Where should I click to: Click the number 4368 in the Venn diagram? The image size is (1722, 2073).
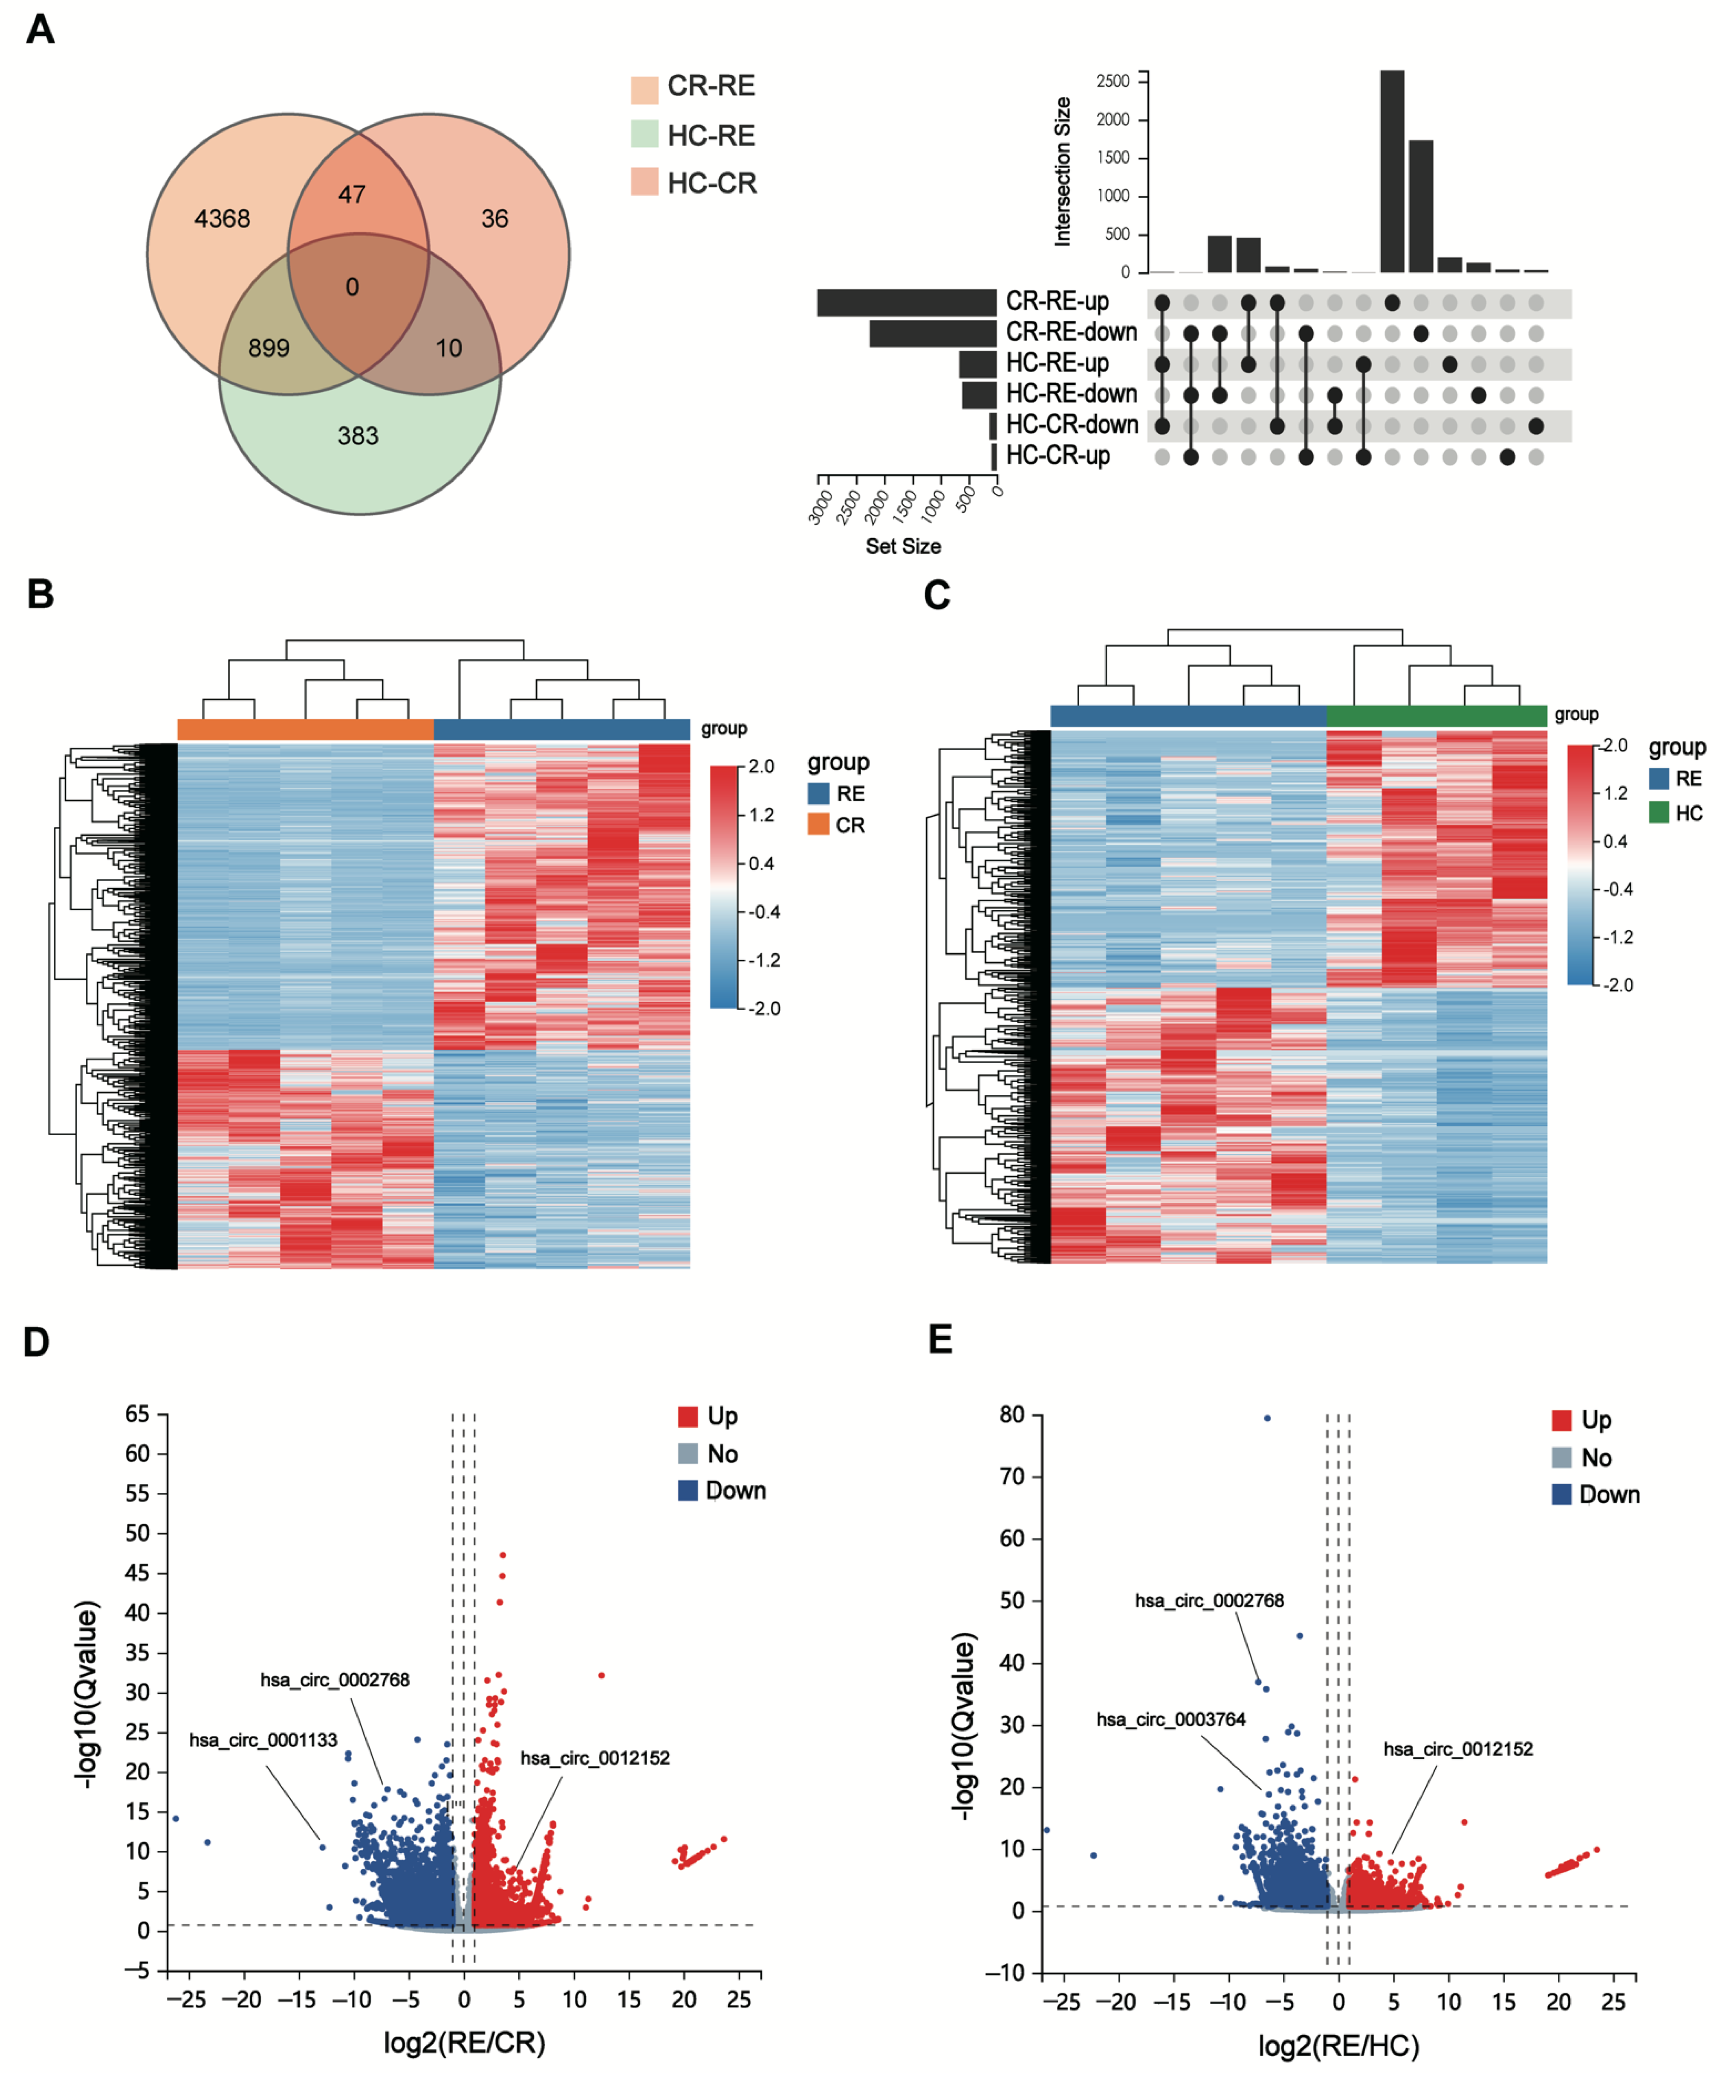point(222,218)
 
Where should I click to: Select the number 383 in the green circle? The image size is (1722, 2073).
point(358,435)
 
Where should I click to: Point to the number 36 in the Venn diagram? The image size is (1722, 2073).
point(494,218)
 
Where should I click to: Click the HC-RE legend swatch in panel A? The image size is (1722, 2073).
point(644,134)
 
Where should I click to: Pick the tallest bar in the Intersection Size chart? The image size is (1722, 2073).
point(1391,171)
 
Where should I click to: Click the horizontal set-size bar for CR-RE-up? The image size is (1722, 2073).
point(906,302)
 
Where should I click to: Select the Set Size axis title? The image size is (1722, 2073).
point(903,546)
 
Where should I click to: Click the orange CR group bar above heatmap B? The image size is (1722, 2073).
point(305,730)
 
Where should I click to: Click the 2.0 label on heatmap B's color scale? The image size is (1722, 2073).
point(762,766)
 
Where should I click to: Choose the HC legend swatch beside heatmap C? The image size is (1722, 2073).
point(1659,813)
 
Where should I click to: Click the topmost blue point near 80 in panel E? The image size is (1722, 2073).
point(1267,1418)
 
